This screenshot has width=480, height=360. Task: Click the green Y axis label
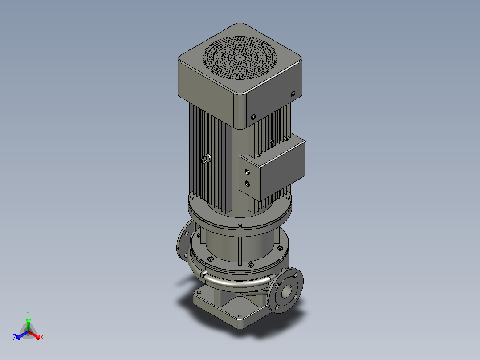coord(28,313)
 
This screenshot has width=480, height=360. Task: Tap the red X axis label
coord(42,337)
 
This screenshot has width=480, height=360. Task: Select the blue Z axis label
coord(14,337)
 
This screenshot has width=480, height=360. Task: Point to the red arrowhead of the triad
coord(37,337)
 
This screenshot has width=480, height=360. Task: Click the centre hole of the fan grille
coord(240,57)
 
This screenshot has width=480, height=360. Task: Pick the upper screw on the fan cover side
coord(293,94)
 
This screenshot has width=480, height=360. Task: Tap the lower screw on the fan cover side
coord(253,117)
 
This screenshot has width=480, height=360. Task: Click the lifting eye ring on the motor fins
coord(205,159)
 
